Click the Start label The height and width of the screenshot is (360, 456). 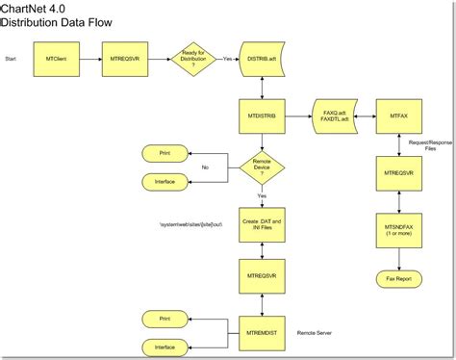click(x=13, y=60)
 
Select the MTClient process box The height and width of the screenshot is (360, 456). click(x=56, y=59)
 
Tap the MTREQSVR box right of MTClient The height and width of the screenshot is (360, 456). click(x=124, y=59)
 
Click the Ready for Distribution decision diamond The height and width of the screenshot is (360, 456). click(x=193, y=59)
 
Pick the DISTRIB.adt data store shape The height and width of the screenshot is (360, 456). click(x=263, y=59)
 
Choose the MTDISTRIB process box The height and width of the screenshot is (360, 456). click(x=263, y=116)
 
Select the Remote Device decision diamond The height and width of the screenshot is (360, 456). click(x=263, y=167)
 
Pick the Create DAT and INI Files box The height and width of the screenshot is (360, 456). click(x=263, y=227)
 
